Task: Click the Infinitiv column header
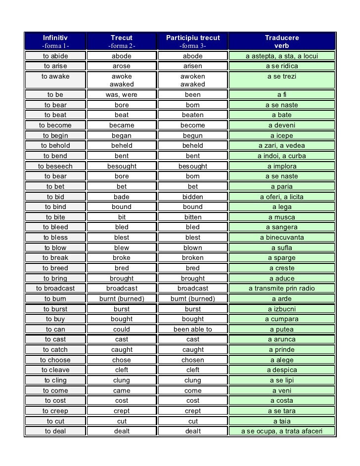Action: (x=55, y=42)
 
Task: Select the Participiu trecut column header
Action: (x=193, y=42)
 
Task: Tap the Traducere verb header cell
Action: (x=282, y=42)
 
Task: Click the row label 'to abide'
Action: (x=55, y=56)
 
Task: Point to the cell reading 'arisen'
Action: (x=193, y=66)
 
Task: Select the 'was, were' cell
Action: (x=122, y=95)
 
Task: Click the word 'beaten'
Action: (x=193, y=115)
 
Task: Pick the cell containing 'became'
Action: (x=122, y=126)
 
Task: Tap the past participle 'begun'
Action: (x=193, y=136)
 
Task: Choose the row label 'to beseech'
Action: (x=55, y=167)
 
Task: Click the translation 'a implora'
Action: (x=282, y=167)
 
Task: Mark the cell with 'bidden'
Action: (x=193, y=197)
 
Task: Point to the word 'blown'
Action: (x=193, y=248)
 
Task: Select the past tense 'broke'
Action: (x=122, y=258)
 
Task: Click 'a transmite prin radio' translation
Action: (x=282, y=289)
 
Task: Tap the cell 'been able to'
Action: (x=193, y=330)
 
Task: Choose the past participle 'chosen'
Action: (x=193, y=360)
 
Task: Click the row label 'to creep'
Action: (x=55, y=411)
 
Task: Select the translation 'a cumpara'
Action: (x=282, y=319)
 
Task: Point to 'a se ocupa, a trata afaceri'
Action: (x=282, y=431)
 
